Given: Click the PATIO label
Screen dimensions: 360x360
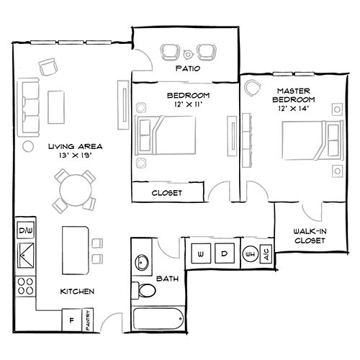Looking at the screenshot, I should click(x=187, y=71).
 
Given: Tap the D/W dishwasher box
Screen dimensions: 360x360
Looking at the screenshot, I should click(x=25, y=230).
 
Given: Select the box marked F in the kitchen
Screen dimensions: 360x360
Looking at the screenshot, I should click(x=72, y=318).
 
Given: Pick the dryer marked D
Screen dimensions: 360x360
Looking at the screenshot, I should click(x=224, y=254).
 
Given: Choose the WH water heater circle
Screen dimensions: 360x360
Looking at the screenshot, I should click(x=251, y=255).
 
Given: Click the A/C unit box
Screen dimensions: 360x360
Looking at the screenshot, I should click(x=266, y=255).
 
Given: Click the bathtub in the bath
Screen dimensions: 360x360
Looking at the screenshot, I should click(x=159, y=319).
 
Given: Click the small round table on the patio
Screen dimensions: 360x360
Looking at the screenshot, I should click(x=188, y=52).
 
